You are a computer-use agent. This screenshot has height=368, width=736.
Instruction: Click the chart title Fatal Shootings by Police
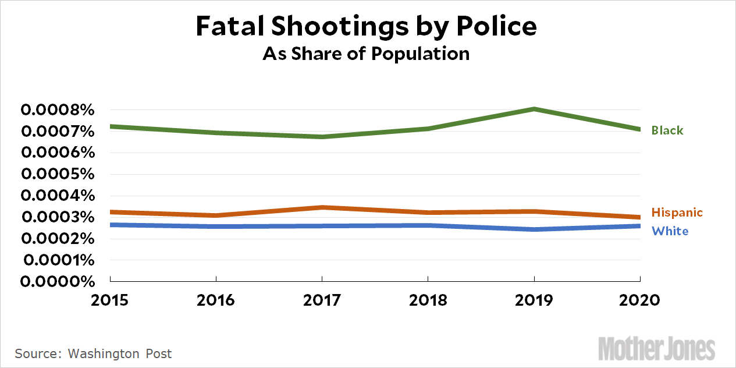point(366,27)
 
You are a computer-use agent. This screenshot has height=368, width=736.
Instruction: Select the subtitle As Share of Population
point(366,54)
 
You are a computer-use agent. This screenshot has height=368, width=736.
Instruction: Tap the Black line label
point(667,130)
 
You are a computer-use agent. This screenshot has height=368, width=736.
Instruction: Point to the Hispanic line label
point(677,213)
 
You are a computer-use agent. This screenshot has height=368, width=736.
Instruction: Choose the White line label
point(670,231)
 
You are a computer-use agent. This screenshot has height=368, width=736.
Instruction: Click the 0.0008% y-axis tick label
point(57,110)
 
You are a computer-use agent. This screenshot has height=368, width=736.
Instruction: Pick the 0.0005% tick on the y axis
point(57,174)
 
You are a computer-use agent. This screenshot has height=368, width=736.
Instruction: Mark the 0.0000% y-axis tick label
point(57,281)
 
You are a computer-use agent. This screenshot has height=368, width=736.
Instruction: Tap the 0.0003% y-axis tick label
point(57,217)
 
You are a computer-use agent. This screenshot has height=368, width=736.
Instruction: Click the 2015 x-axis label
point(111,300)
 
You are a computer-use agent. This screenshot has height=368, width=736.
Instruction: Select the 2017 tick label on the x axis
point(322,300)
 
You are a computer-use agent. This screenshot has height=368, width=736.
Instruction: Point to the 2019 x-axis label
point(534,300)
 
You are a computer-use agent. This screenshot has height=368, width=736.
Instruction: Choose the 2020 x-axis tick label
point(640,300)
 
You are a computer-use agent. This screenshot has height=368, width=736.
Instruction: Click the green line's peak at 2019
point(534,109)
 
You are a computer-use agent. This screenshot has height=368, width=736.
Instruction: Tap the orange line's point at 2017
point(322,207)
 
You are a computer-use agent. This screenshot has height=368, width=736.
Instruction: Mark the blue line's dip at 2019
point(534,229)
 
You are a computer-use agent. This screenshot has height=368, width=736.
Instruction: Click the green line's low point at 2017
point(322,137)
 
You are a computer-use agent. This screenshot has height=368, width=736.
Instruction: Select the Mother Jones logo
point(656,349)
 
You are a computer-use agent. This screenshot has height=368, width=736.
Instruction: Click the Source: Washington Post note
point(93,353)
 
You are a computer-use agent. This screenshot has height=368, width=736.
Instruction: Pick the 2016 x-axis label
point(216,300)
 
